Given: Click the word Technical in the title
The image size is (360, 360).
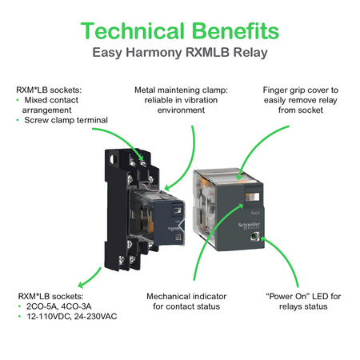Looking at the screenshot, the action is point(133,30).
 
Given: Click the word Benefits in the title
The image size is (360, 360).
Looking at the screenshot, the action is point(235,30).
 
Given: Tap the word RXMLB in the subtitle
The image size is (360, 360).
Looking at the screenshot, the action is point(207,52).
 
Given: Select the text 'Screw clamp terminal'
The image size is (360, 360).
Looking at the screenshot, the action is point(66,120).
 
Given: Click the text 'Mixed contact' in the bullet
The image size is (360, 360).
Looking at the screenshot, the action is point(51,100).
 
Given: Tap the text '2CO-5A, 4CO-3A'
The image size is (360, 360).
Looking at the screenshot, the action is point(58,306).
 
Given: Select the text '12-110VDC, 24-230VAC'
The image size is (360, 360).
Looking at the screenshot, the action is point(71,317).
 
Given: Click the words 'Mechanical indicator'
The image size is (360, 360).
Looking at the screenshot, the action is point(186,296).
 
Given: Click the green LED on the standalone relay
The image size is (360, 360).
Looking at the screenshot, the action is point(254,236).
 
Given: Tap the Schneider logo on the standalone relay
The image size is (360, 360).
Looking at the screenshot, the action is point(249,225).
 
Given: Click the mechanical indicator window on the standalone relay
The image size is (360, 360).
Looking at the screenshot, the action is point(252,197).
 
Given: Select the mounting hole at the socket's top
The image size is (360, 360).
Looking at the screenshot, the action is point(113,159).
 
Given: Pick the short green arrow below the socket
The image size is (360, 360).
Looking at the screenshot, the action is point(90,278).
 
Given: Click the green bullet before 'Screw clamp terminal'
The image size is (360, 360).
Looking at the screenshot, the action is point(18,120).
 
